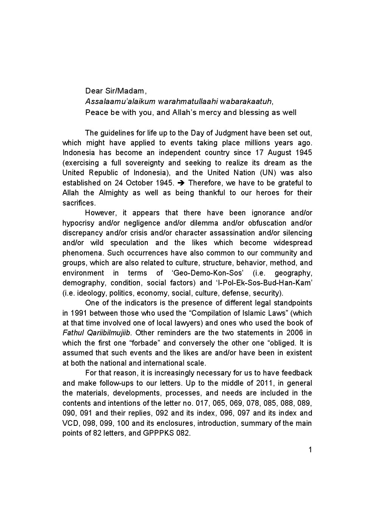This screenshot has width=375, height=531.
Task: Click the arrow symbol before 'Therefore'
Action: click(x=180, y=183)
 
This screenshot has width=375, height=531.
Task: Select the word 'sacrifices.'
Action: click(x=79, y=203)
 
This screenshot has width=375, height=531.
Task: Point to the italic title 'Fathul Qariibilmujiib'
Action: click(x=96, y=333)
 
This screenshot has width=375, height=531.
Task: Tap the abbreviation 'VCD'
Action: click(x=70, y=423)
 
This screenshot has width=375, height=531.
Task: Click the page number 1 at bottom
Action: click(x=310, y=450)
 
